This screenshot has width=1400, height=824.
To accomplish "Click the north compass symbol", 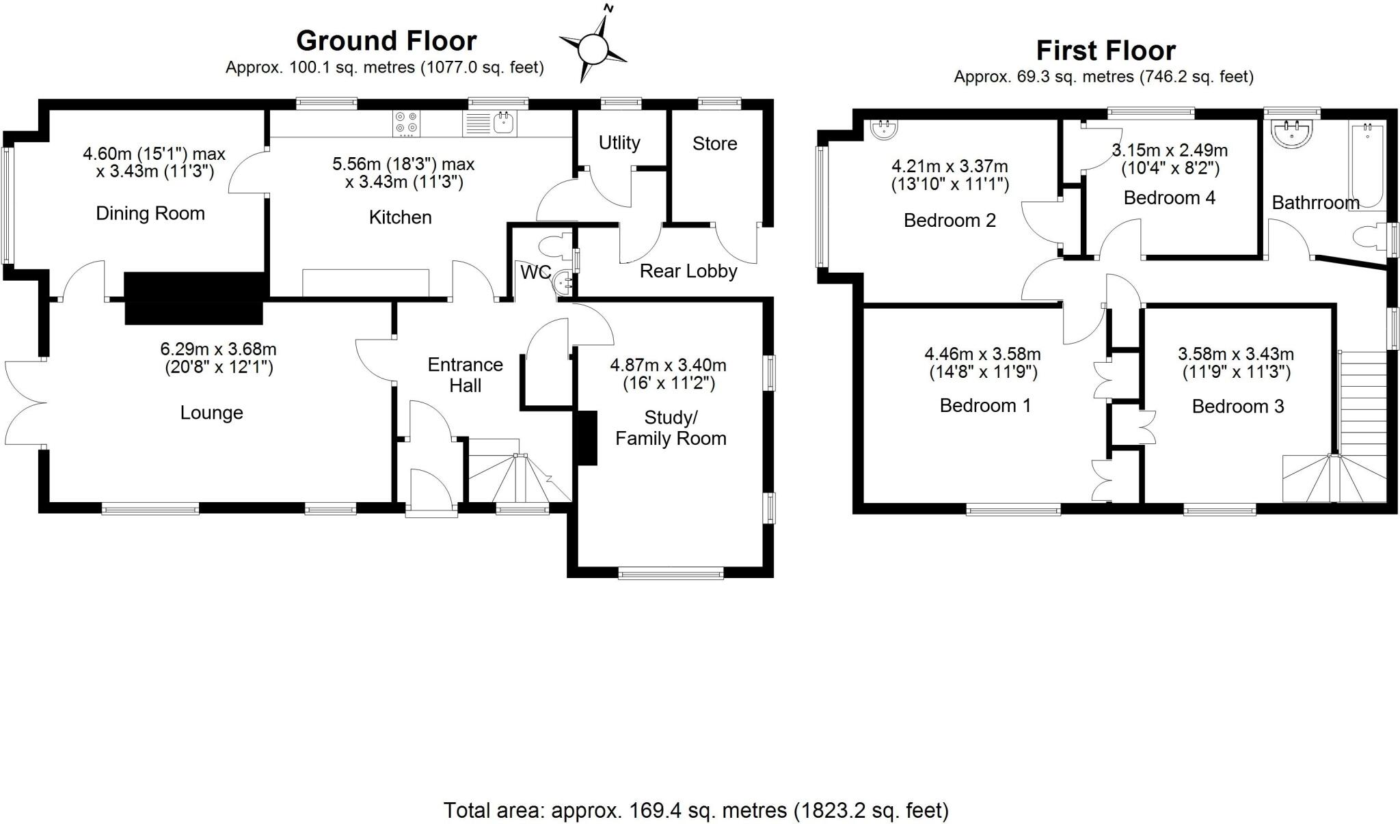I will coord(593,49).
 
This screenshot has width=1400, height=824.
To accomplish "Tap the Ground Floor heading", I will coord(386,41).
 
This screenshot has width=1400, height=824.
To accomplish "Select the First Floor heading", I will coord(1105,51).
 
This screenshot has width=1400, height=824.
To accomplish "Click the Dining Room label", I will coord(150,213).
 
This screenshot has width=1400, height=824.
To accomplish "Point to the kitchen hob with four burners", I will coord(406,124).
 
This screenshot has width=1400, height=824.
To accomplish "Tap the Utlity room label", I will coord(619,143).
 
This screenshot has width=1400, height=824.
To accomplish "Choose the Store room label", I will coord(714,143).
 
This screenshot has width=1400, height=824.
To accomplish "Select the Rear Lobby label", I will coord(688,271).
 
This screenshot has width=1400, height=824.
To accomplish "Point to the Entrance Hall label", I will coord(465,374).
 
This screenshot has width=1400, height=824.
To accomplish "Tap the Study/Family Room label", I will coord(671,428).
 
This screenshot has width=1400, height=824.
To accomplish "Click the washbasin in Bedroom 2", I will coord(884,129).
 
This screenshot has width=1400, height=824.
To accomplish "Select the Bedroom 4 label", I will coord(1169,198).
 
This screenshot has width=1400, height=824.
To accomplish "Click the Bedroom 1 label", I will coord(985,406).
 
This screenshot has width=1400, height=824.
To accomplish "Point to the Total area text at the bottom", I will coord(696,810).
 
